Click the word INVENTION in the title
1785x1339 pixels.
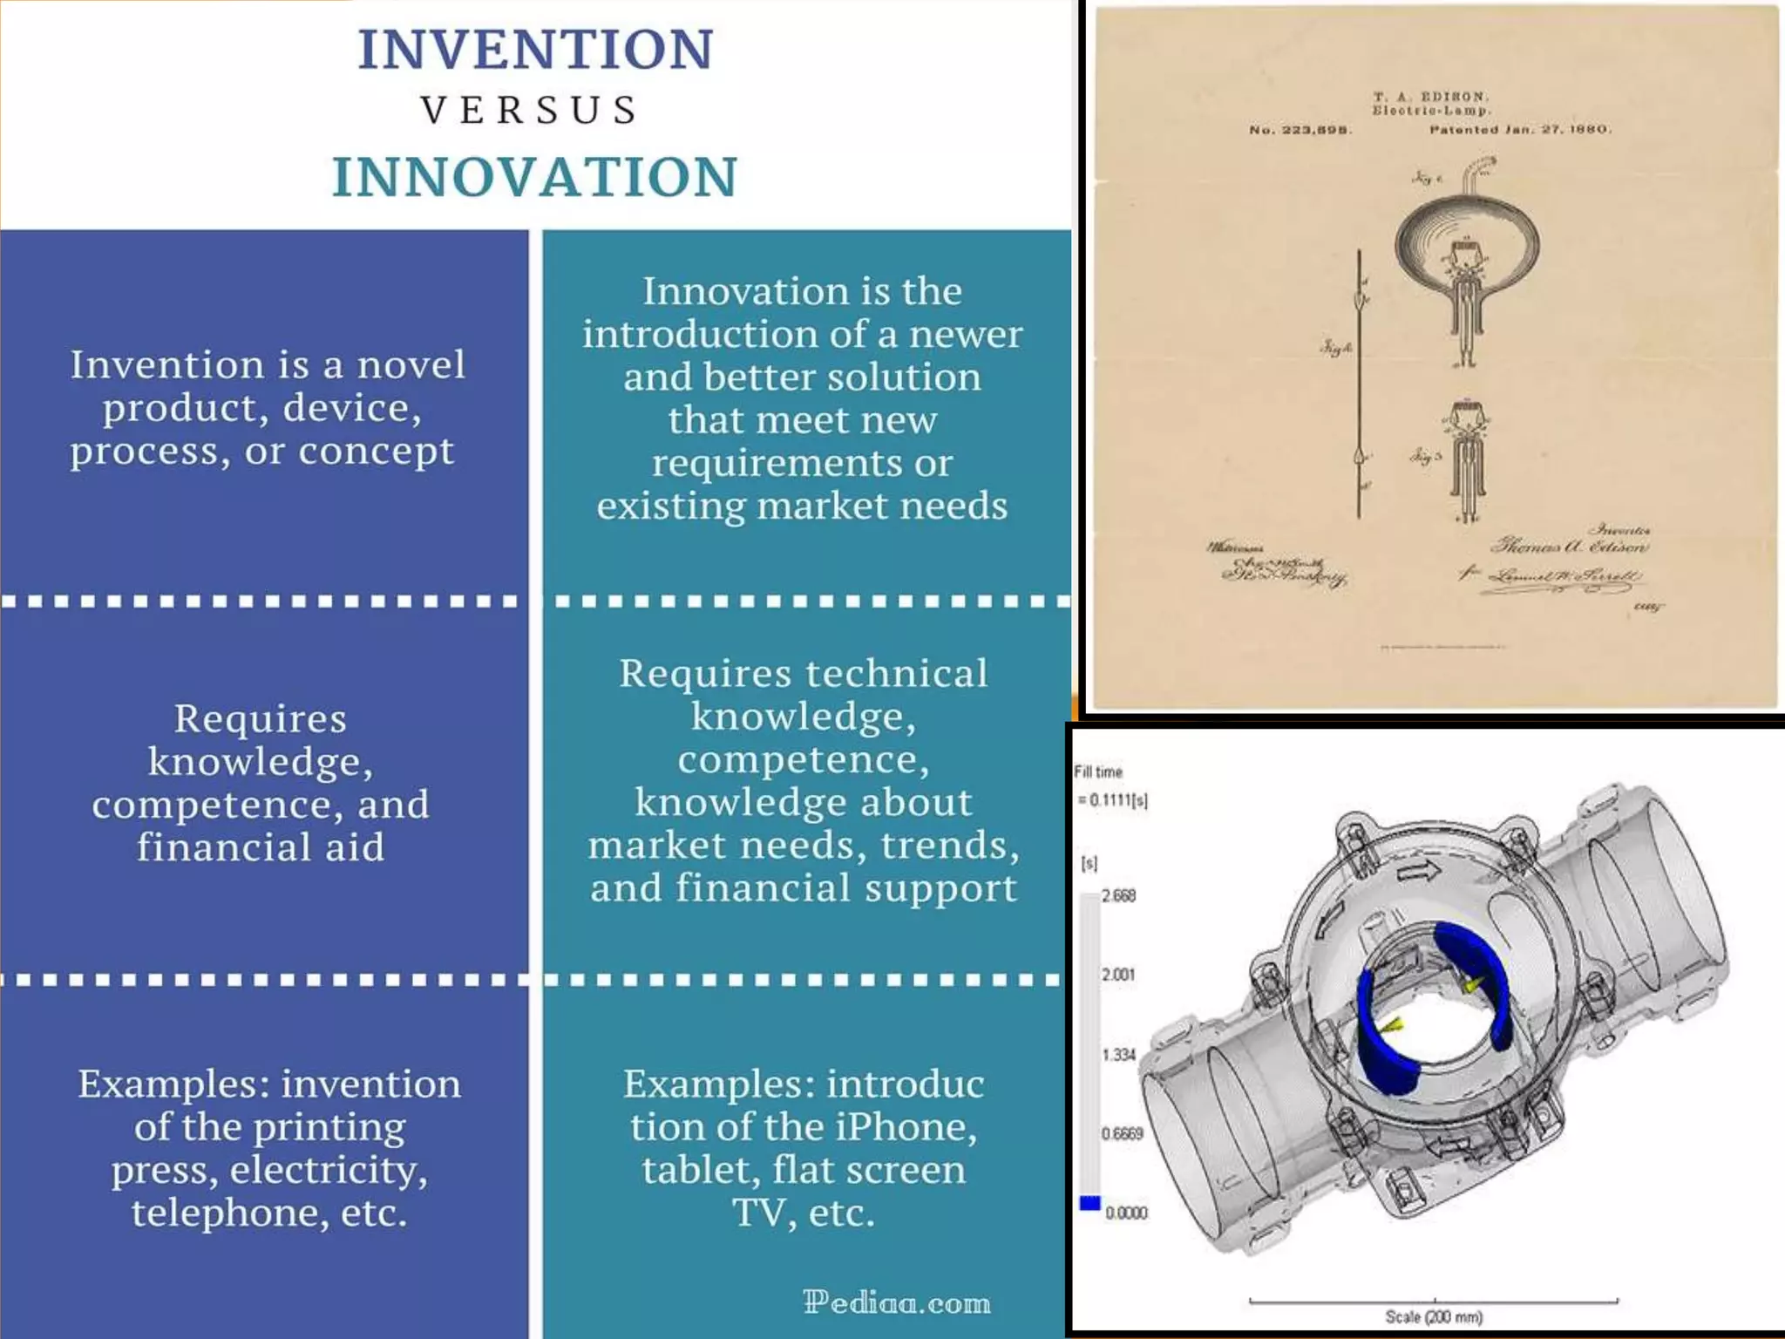click(535, 50)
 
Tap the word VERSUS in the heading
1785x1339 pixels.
click(531, 111)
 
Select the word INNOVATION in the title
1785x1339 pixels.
click(535, 177)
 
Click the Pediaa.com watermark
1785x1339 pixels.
click(896, 1302)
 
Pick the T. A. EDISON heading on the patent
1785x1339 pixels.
click(1431, 97)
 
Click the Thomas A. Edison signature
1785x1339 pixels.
click(1569, 547)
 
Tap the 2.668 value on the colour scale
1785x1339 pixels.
click(1118, 896)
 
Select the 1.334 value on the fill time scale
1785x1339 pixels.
click(1118, 1055)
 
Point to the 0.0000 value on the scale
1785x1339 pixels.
click(1126, 1213)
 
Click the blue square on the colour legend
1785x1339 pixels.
click(1089, 1203)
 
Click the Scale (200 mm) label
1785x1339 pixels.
click(1434, 1316)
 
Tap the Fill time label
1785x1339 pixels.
click(1097, 771)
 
